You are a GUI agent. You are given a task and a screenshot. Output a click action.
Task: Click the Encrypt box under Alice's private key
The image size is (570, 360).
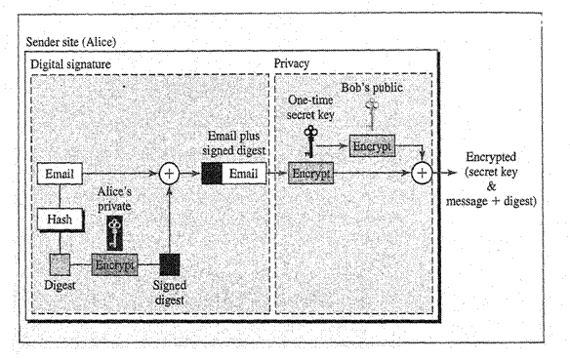[x=114, y=264]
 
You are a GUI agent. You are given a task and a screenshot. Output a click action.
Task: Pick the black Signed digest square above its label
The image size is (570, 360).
[x=170, y=264]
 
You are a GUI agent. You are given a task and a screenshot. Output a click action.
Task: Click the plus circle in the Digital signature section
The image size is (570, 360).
[x=170, y=174]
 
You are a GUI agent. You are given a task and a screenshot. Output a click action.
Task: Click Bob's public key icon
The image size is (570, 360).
[x=371, y=108]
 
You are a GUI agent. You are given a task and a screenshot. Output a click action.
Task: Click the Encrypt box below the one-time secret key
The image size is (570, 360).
[x=311, y=173]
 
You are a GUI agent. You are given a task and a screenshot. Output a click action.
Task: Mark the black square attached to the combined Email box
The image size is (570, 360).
[x=212, y=174]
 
